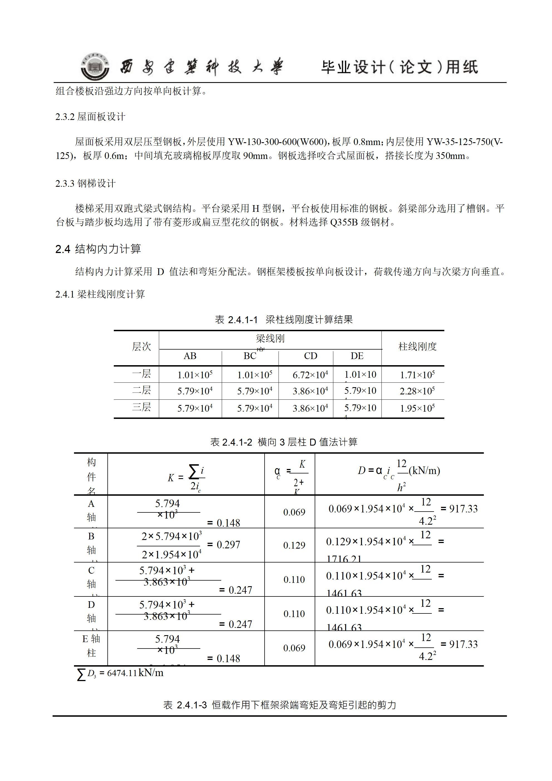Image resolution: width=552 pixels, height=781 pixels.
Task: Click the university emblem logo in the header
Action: pos(95,67)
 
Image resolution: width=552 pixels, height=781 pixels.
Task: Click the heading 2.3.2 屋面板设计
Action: pos(90,117)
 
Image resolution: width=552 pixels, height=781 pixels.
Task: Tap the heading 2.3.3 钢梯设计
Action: pos(86,183)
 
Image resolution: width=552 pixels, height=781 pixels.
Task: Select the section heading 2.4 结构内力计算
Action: pos(98,249)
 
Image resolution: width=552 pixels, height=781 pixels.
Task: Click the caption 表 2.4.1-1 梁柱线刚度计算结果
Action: pos(284,320)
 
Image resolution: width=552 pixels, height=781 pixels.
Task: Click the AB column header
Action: pos(190,356)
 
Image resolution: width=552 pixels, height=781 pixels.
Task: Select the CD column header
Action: pos(310,356)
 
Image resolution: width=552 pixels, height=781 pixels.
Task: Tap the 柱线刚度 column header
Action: pos(417,347)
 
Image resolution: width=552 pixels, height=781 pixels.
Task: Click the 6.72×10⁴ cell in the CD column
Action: pos(310,375)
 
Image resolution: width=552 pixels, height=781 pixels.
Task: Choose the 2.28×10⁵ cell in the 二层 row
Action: pos(417,391)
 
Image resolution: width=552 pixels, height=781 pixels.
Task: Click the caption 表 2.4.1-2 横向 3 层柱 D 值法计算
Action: pos(284,442)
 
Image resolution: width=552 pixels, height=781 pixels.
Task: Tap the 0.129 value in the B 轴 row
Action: pos(294,545)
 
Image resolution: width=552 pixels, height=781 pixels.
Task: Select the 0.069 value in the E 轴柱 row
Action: pos(294,648)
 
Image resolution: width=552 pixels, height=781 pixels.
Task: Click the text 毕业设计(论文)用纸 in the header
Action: pos(399,67)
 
